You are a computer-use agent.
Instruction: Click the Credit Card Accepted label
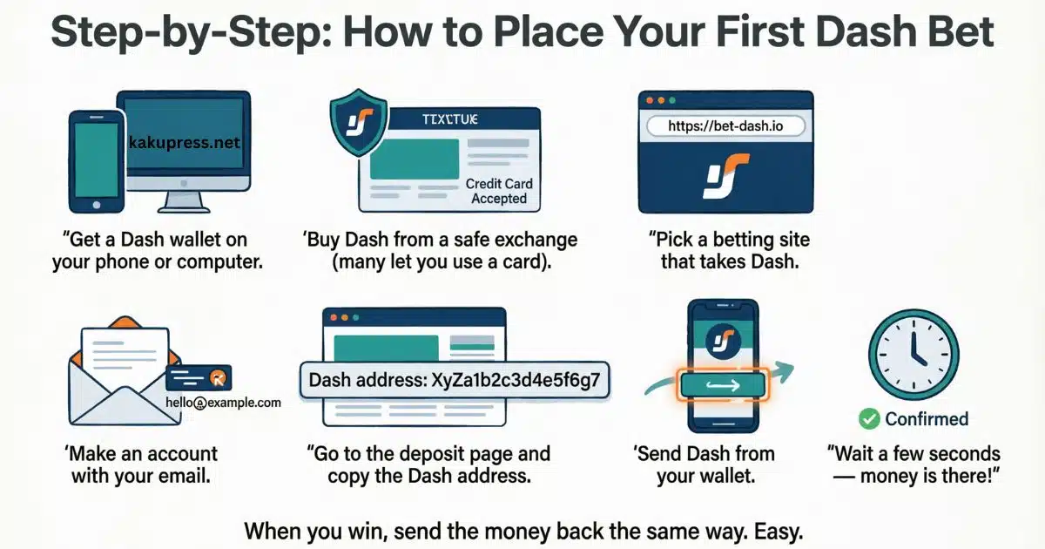point(499,191)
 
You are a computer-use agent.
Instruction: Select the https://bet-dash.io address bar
point(725,126)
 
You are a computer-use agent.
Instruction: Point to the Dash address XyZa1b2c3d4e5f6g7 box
point(454,380)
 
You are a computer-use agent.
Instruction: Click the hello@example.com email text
point(223,402)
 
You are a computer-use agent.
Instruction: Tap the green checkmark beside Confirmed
point(869,419)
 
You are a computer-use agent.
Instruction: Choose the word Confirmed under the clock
point(927,419)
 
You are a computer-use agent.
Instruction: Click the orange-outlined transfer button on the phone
point(722,383)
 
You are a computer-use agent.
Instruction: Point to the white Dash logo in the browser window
point(725,174)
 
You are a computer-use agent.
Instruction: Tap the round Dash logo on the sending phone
point(723,337)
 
